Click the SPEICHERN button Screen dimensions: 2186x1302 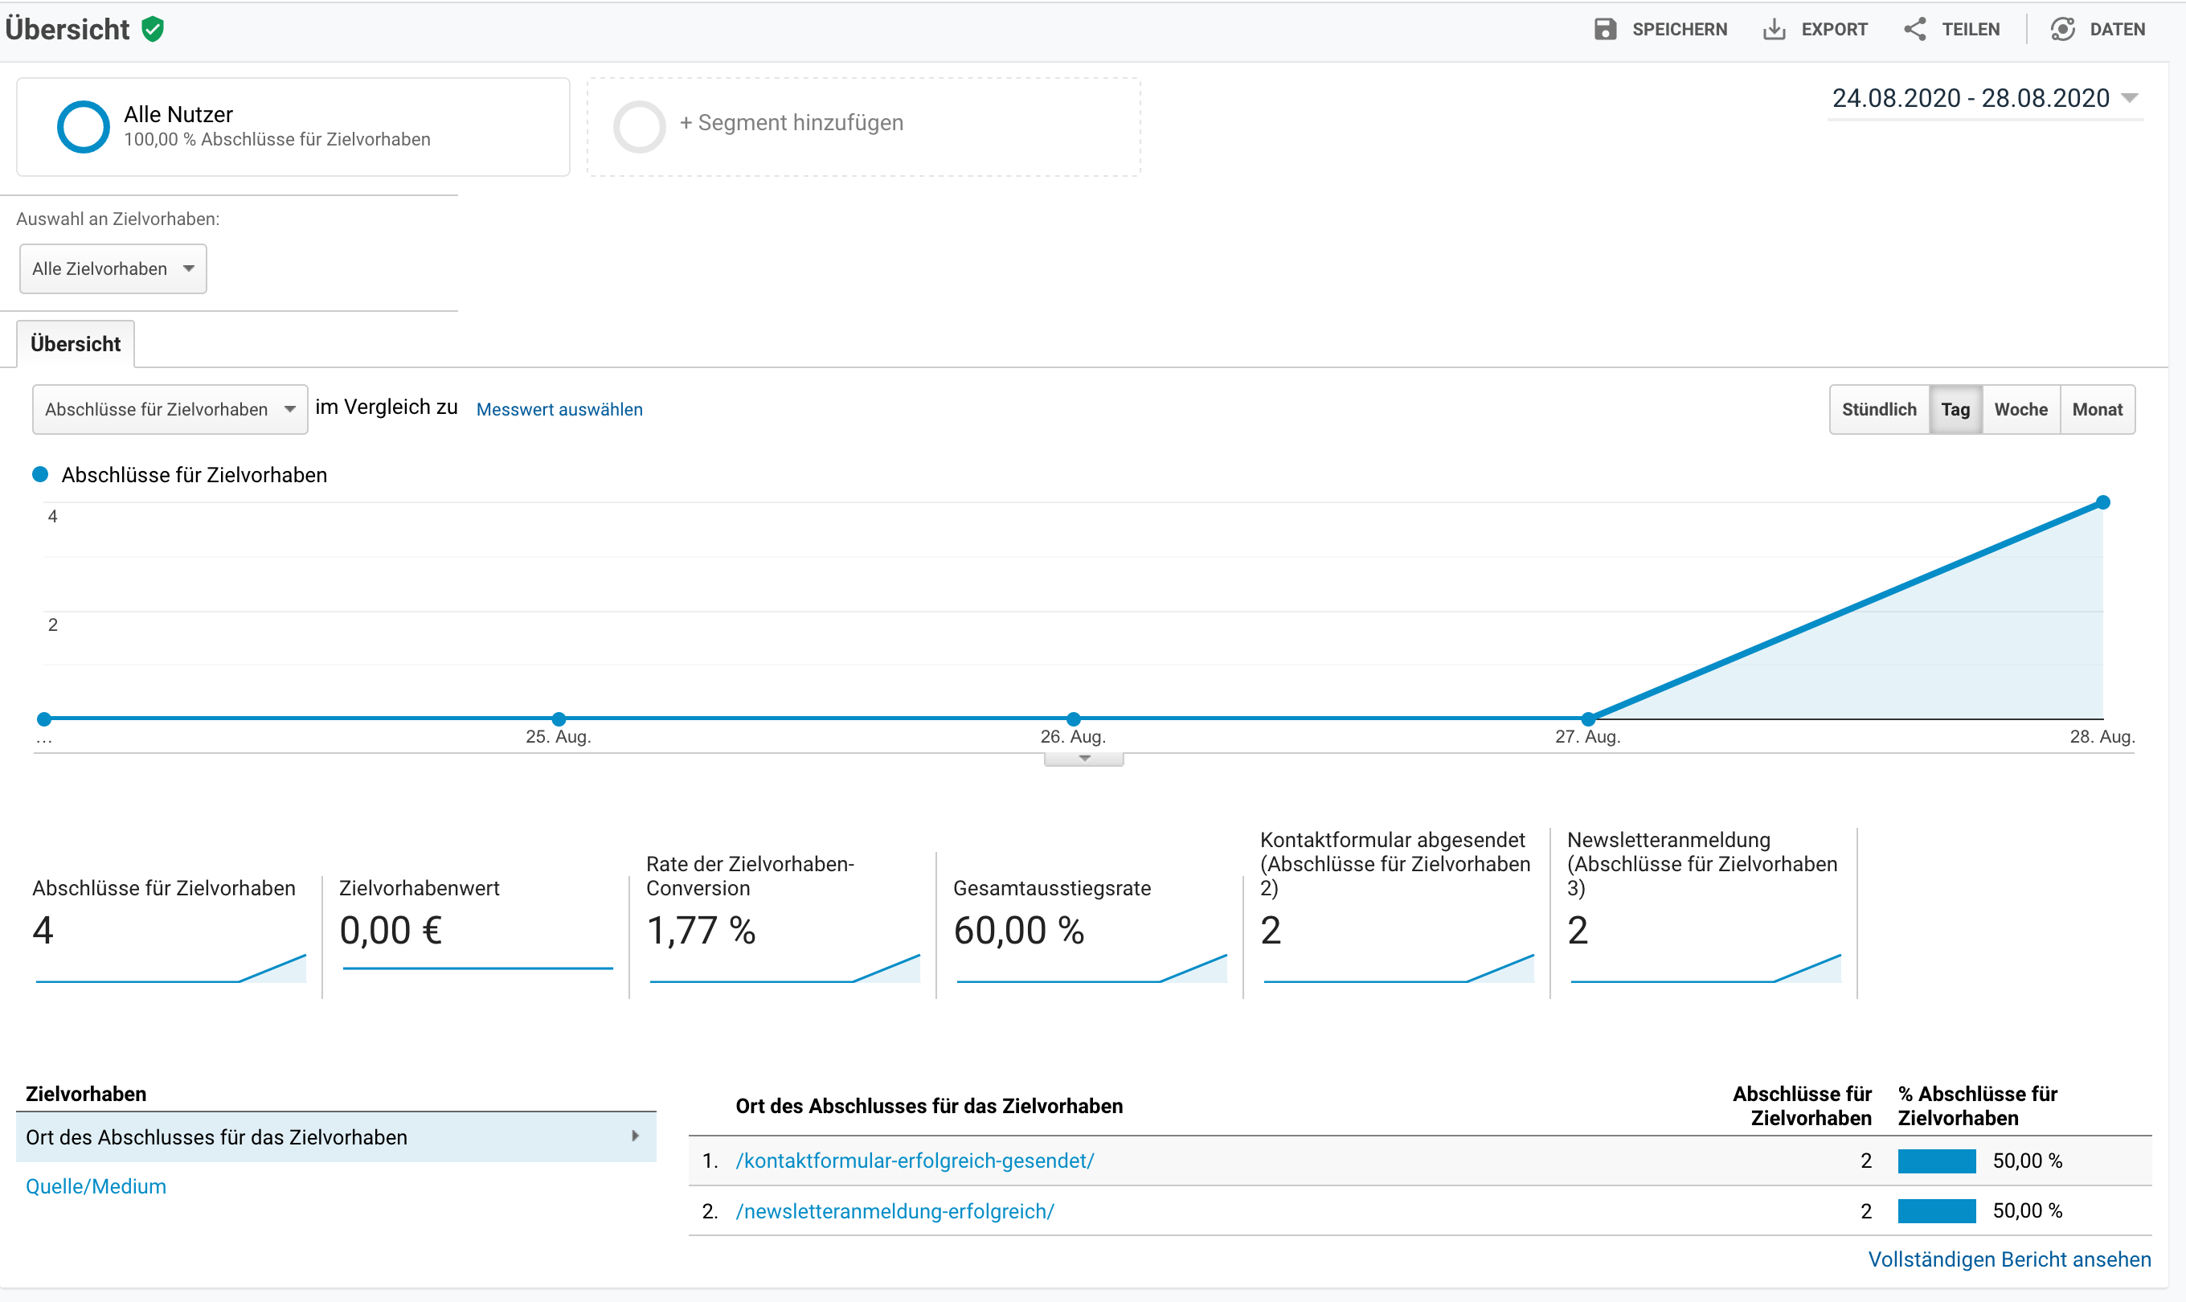(x=1660, y=29)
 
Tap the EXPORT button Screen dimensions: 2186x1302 (x=1815, y=29)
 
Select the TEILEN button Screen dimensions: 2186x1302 (x=1952, y=29)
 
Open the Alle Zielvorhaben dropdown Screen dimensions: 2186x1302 (x=113, y=268)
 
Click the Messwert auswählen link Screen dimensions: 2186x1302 (x=559, y=410)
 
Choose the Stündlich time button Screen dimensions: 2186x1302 (x=1879, y=410)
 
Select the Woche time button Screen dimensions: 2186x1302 (x=2020, y=410)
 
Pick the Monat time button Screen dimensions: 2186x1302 (x=2097, y=410)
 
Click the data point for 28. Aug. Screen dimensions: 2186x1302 (x=2102, y=503)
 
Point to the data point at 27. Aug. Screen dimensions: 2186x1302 (x=1588, y=719)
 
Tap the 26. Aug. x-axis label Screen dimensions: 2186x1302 (x=1073, y=737)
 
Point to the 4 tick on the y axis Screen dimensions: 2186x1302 (x=52, y=517)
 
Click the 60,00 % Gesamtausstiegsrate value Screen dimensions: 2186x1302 (x=1018, y=930)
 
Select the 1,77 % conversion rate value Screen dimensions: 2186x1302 (x=701, y=930)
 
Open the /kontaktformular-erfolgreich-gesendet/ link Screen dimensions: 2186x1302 (x=915, y=1161)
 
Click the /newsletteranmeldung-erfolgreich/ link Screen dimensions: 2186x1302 (x=894, y=1212)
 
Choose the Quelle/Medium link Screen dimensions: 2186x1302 (x=96, y=1187)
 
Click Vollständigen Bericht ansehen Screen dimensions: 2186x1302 (x=2009, y=1260)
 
